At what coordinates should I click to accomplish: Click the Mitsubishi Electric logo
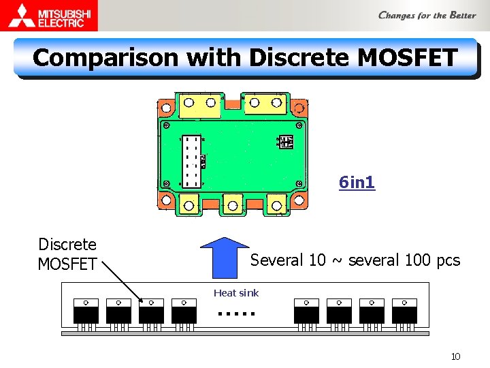[49, 15]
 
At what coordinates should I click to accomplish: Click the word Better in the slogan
[462, 15]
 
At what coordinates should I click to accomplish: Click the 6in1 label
[357, 183]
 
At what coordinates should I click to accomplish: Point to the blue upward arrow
[226, 257]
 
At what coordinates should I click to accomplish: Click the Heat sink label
[236, 293]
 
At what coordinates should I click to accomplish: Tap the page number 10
[455, 356]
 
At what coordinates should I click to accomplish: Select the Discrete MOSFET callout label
[67, 254]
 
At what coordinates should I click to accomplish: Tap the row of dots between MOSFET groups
[236, 314]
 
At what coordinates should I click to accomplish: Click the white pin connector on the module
[193, 161]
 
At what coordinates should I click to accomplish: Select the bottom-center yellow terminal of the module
[233, 204]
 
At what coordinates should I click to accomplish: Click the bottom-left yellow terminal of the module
[189, 203]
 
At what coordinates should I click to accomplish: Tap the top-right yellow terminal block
[265, 104]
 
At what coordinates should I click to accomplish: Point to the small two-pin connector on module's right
[287, 142]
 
